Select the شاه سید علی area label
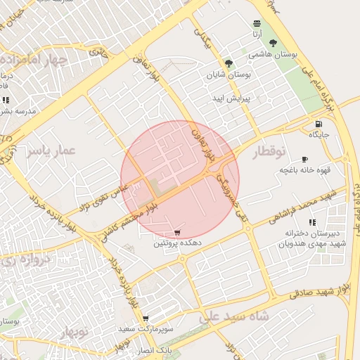[235, 316]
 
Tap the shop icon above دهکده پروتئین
[177, 232]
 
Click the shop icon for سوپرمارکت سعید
[146, 319]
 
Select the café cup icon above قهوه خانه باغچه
[304, 160]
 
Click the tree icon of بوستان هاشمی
[273, 44]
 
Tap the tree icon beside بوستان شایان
[229, 63]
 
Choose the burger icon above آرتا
[257, 23]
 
